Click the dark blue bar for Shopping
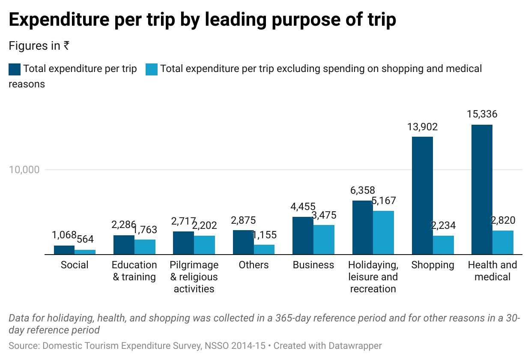(422, 195)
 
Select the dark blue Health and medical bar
(482, 189)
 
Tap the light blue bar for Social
(85, 252)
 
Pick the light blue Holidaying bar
(383, 233)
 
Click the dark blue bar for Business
(303, 236)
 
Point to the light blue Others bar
(264, 249)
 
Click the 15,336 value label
(482, 114)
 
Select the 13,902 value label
(422, 127)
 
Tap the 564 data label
(85, 239)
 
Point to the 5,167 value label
(384, 201)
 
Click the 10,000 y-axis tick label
(24, 170)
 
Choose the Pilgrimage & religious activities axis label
(194, 277)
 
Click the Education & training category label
(134, 271)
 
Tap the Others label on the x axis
(254, 265)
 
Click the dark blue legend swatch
(15, 69)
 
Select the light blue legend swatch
(152, 69)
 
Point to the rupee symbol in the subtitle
(66, 45)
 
